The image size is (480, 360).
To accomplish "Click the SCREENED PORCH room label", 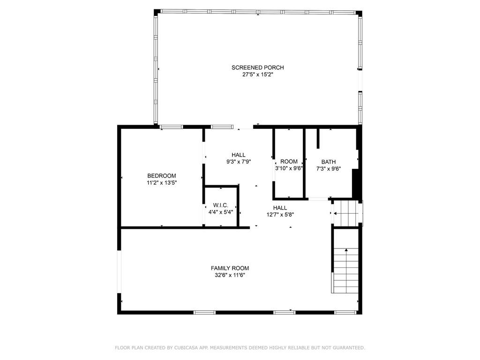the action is coord(257,67).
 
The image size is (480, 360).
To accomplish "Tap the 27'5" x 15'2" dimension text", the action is coord(257,75).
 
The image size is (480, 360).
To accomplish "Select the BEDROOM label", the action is coord(162,176).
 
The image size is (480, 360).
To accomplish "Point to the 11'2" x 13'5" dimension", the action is coord(162,183).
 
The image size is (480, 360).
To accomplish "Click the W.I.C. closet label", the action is coord(220,205).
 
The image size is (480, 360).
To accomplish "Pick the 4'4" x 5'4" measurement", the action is coord(221,212).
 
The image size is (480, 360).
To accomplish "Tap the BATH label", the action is coord(329,162).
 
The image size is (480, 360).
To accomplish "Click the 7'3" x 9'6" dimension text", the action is coord(329,169).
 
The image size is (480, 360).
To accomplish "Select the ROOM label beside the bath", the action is coord(289,161).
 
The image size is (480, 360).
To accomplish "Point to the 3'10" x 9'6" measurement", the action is coord(289,168).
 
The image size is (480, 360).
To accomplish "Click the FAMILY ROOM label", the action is coord(230,268).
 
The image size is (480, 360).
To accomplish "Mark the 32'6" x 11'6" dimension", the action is coord(230,275).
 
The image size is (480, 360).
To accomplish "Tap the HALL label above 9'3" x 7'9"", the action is coord(239,155).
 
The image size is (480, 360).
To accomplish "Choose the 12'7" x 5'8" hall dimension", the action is coord(280,215).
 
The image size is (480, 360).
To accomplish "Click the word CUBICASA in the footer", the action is coord(185,348).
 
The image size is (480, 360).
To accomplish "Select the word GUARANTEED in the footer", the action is coord(349,348).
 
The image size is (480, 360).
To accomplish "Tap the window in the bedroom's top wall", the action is coord(172,127).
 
